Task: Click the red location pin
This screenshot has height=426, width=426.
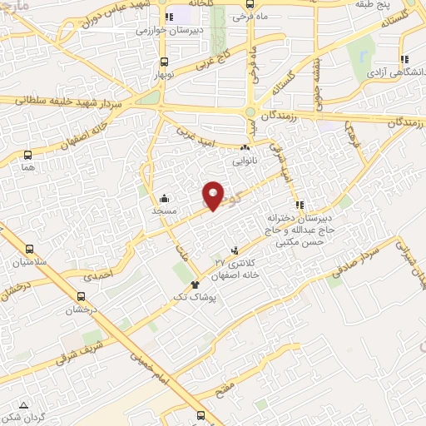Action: tap(214, 196)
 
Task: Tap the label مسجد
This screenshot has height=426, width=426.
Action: tap(164, 211)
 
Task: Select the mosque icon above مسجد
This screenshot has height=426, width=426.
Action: tap(164, 198)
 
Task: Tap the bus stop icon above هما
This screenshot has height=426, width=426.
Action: tap(29, 155)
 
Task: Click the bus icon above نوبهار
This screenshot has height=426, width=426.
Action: tap(163, 61)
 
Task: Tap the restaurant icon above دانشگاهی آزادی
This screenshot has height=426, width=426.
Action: tap(404, 60)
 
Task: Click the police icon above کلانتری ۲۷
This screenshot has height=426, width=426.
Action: tap(235, 250)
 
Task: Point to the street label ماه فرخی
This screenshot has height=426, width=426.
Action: tap(248, 16)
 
